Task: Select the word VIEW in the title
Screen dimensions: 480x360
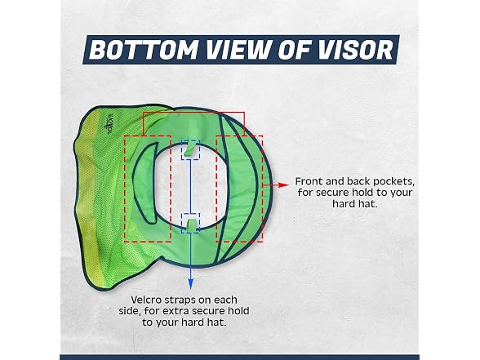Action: (x=239, y=49)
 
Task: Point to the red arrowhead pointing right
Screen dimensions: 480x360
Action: (x=284, y=184)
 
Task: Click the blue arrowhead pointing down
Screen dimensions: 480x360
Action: (x=190, y=283)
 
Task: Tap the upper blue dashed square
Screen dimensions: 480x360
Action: (x=190, y=150)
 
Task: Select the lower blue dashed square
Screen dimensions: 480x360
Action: (x=190, y=223)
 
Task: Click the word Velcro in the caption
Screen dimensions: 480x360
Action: (x=147, y=300)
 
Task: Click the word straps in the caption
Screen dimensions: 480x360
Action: (x=180, y=300)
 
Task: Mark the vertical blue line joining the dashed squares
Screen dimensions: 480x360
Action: (x=190, y=186)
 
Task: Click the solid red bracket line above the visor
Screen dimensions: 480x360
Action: (x=193, y=113)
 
